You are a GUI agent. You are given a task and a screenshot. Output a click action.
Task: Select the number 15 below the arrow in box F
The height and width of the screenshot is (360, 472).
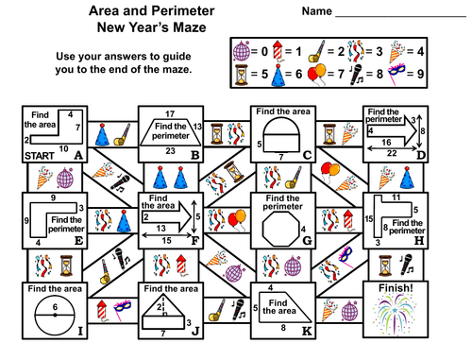(x=167, y=239)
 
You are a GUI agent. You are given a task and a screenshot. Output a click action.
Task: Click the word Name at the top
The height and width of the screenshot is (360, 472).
(x=316, y=12)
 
